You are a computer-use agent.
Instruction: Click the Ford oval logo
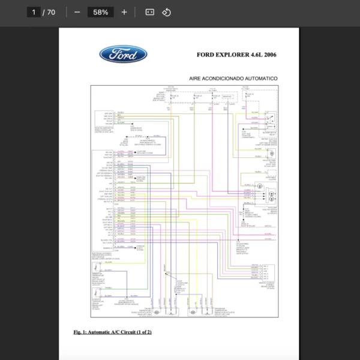[123, 55]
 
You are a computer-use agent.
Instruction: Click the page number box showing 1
[34, 12]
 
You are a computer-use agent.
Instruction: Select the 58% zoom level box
[100, 12]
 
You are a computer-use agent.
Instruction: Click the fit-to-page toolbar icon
[150, 12]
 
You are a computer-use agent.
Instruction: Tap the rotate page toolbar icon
[167, 12]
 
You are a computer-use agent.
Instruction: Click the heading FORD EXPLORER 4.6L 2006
[236, 55]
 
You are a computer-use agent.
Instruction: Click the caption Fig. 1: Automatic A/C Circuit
[112, 332]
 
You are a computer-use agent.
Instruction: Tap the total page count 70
[51, 12]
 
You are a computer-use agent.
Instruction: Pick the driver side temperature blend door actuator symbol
[157, 312]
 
